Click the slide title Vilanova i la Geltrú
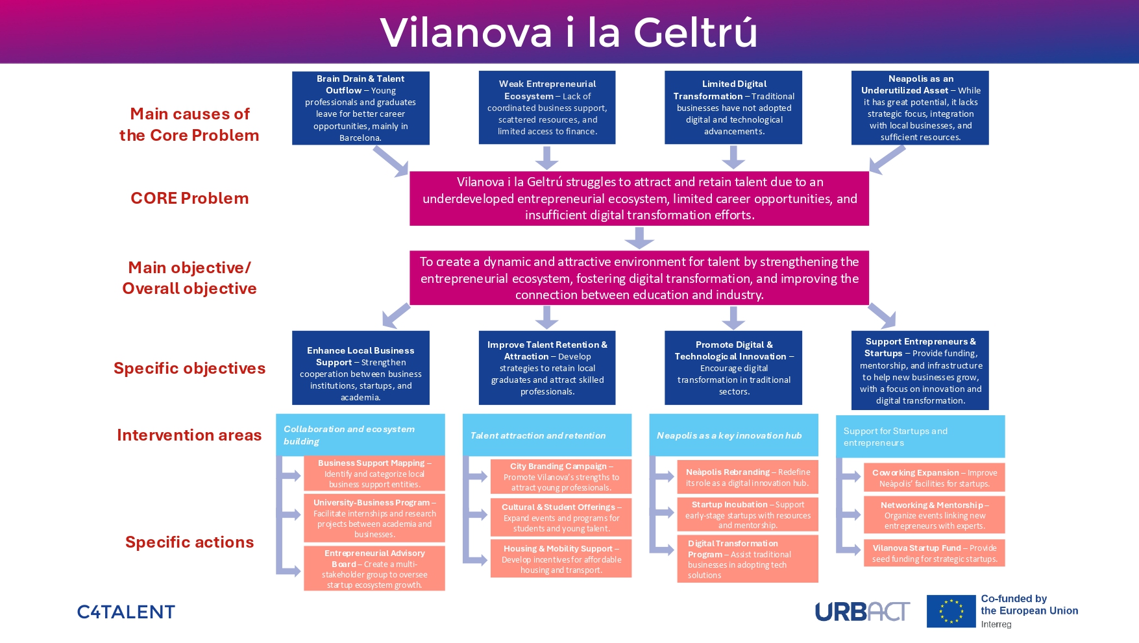tap(569, 32)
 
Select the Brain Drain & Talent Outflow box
tap(360, 108)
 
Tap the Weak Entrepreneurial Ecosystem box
tap(547, 108)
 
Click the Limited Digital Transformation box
tap(733, 108)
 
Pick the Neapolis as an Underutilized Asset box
tap(920, 108)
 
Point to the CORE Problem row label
tap(190, 199)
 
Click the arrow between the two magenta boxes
tap(639, 238)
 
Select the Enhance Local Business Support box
tap(360, 368)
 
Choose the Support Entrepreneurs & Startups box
tap(920, 370)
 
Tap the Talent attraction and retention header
tap(546, 435)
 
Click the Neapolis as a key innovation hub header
tap(733, 435)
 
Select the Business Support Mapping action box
tap(374, 474)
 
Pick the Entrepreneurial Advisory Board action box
tap(374, 568)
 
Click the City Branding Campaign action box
tap(561, 477)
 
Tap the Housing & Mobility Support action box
tap(561, 559)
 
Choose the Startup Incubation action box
tap(748, 515)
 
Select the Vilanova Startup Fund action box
tap(934, 553)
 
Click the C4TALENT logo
tap(126, 612)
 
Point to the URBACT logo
tap(862, 611)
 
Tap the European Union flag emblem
tap(951, 611)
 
